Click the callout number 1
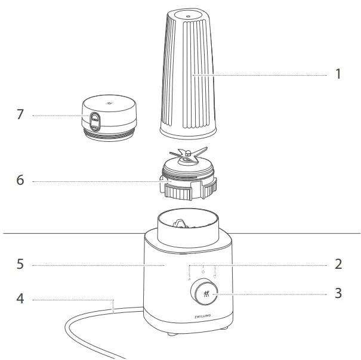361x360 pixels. [337, 75]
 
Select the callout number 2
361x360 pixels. [337, 263]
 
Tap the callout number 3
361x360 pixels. [337, 293]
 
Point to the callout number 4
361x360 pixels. [20, 299]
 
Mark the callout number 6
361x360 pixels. [20, 179]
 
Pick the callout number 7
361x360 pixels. [20, 114]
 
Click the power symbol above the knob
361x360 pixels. [203, 272]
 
